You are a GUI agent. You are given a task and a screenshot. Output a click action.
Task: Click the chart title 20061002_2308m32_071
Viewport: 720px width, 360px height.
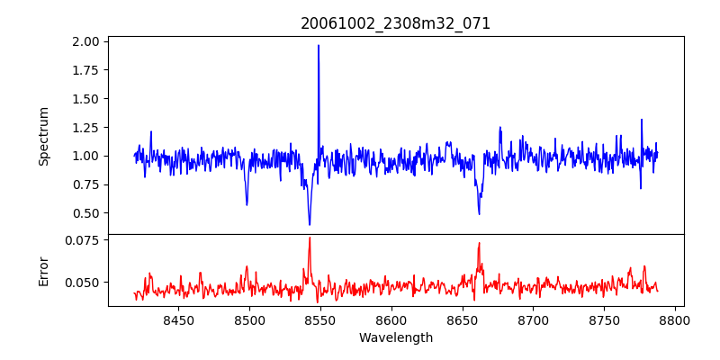[x=396, y=23]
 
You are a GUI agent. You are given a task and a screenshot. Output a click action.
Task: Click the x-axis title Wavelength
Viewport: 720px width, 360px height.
[x=396, y=337]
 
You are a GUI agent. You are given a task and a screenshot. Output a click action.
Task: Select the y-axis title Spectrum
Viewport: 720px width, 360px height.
[x=43, y=136]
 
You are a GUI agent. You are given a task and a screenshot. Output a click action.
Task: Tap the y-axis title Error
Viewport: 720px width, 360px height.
[x=43, y=271]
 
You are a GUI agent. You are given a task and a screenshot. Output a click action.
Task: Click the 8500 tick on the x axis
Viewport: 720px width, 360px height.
[x=249, y=319]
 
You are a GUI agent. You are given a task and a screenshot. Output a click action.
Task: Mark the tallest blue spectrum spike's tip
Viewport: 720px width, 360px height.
[x=318, y=45]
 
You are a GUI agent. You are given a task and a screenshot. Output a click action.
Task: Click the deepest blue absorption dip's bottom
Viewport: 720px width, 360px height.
[x=310, y=225]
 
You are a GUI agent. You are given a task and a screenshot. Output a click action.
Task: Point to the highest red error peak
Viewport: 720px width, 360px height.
[x=310, y=238]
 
